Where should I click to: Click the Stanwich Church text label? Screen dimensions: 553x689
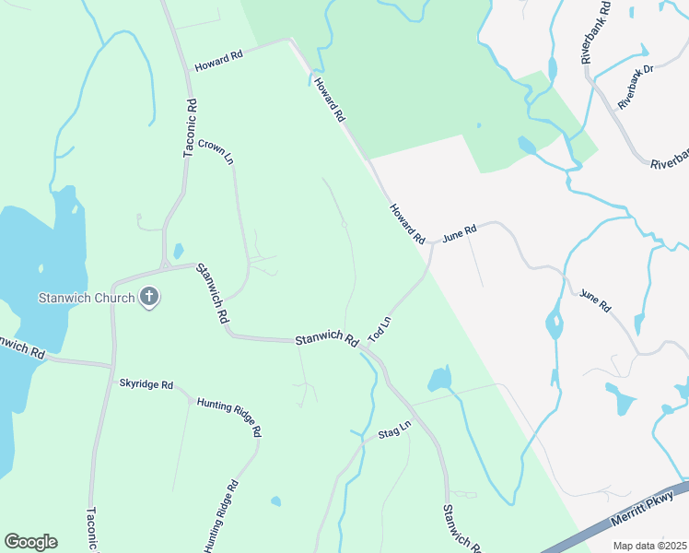point(87,298)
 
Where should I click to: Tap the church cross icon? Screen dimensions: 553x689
point(151,297)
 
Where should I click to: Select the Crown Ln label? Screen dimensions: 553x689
point(216,151)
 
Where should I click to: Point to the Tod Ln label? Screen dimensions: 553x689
point(380,329)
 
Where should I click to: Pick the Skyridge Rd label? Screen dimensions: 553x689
point(146,383)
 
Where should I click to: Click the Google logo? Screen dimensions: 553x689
point(30,542)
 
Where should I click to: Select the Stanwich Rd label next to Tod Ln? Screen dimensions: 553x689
point(326,340)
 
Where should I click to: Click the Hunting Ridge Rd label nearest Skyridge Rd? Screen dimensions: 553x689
point(229,417)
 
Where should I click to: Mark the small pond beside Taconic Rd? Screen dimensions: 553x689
point(178,251)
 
